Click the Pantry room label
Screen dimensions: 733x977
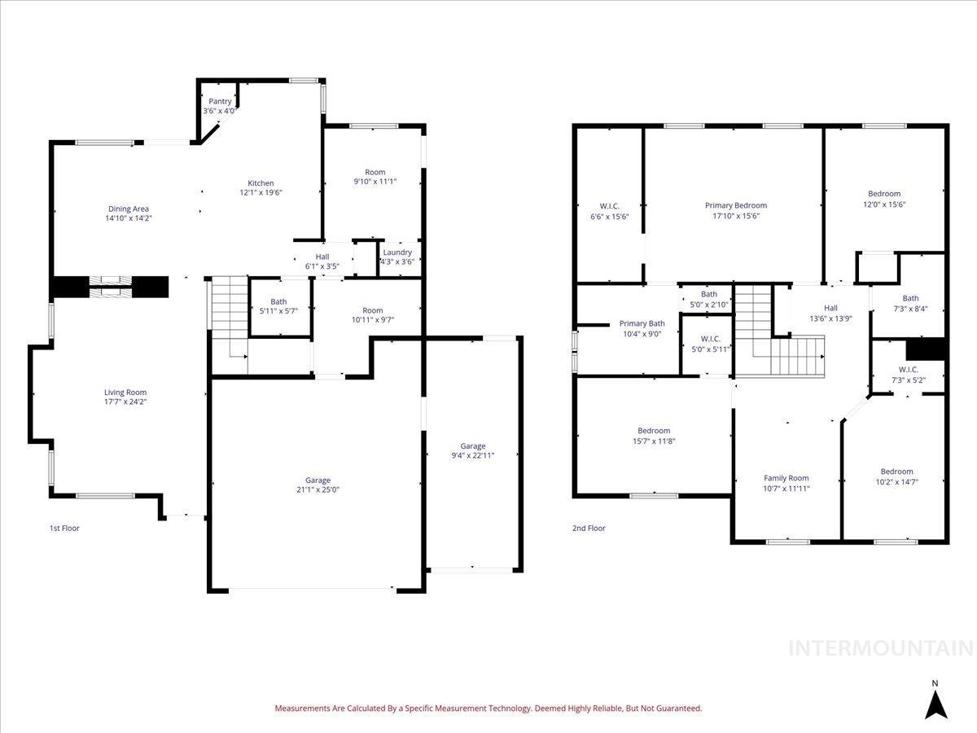219,102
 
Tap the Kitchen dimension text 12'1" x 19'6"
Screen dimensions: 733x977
261,193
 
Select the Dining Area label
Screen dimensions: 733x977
129,209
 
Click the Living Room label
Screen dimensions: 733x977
125,393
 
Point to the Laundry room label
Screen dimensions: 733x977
397,252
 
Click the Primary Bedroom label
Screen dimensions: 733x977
735,206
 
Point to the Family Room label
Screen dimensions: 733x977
786,478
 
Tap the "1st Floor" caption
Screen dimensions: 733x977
64,529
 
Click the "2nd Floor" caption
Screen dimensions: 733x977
589,529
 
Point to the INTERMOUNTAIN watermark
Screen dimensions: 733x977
881,648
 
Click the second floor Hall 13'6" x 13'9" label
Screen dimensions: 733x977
830,308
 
